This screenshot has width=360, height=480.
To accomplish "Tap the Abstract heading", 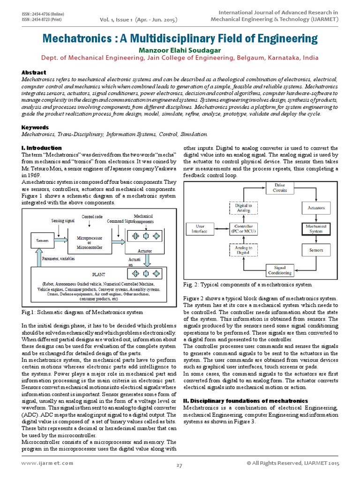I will click(x=34, y=73).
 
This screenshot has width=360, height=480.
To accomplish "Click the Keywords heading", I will click(x=36, y=127).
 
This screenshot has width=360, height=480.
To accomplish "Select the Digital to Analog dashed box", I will click(x=243, y=208).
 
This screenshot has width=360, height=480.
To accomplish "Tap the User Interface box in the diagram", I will click(x=202, y=228).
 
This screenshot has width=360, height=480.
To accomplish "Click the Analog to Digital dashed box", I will click(x=243, y=250).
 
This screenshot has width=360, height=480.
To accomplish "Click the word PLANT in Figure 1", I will click(x=99, y=274).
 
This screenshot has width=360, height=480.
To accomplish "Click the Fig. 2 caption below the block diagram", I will click(x=247, y=285).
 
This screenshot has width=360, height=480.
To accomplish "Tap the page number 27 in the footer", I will click(x=179, y=465).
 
